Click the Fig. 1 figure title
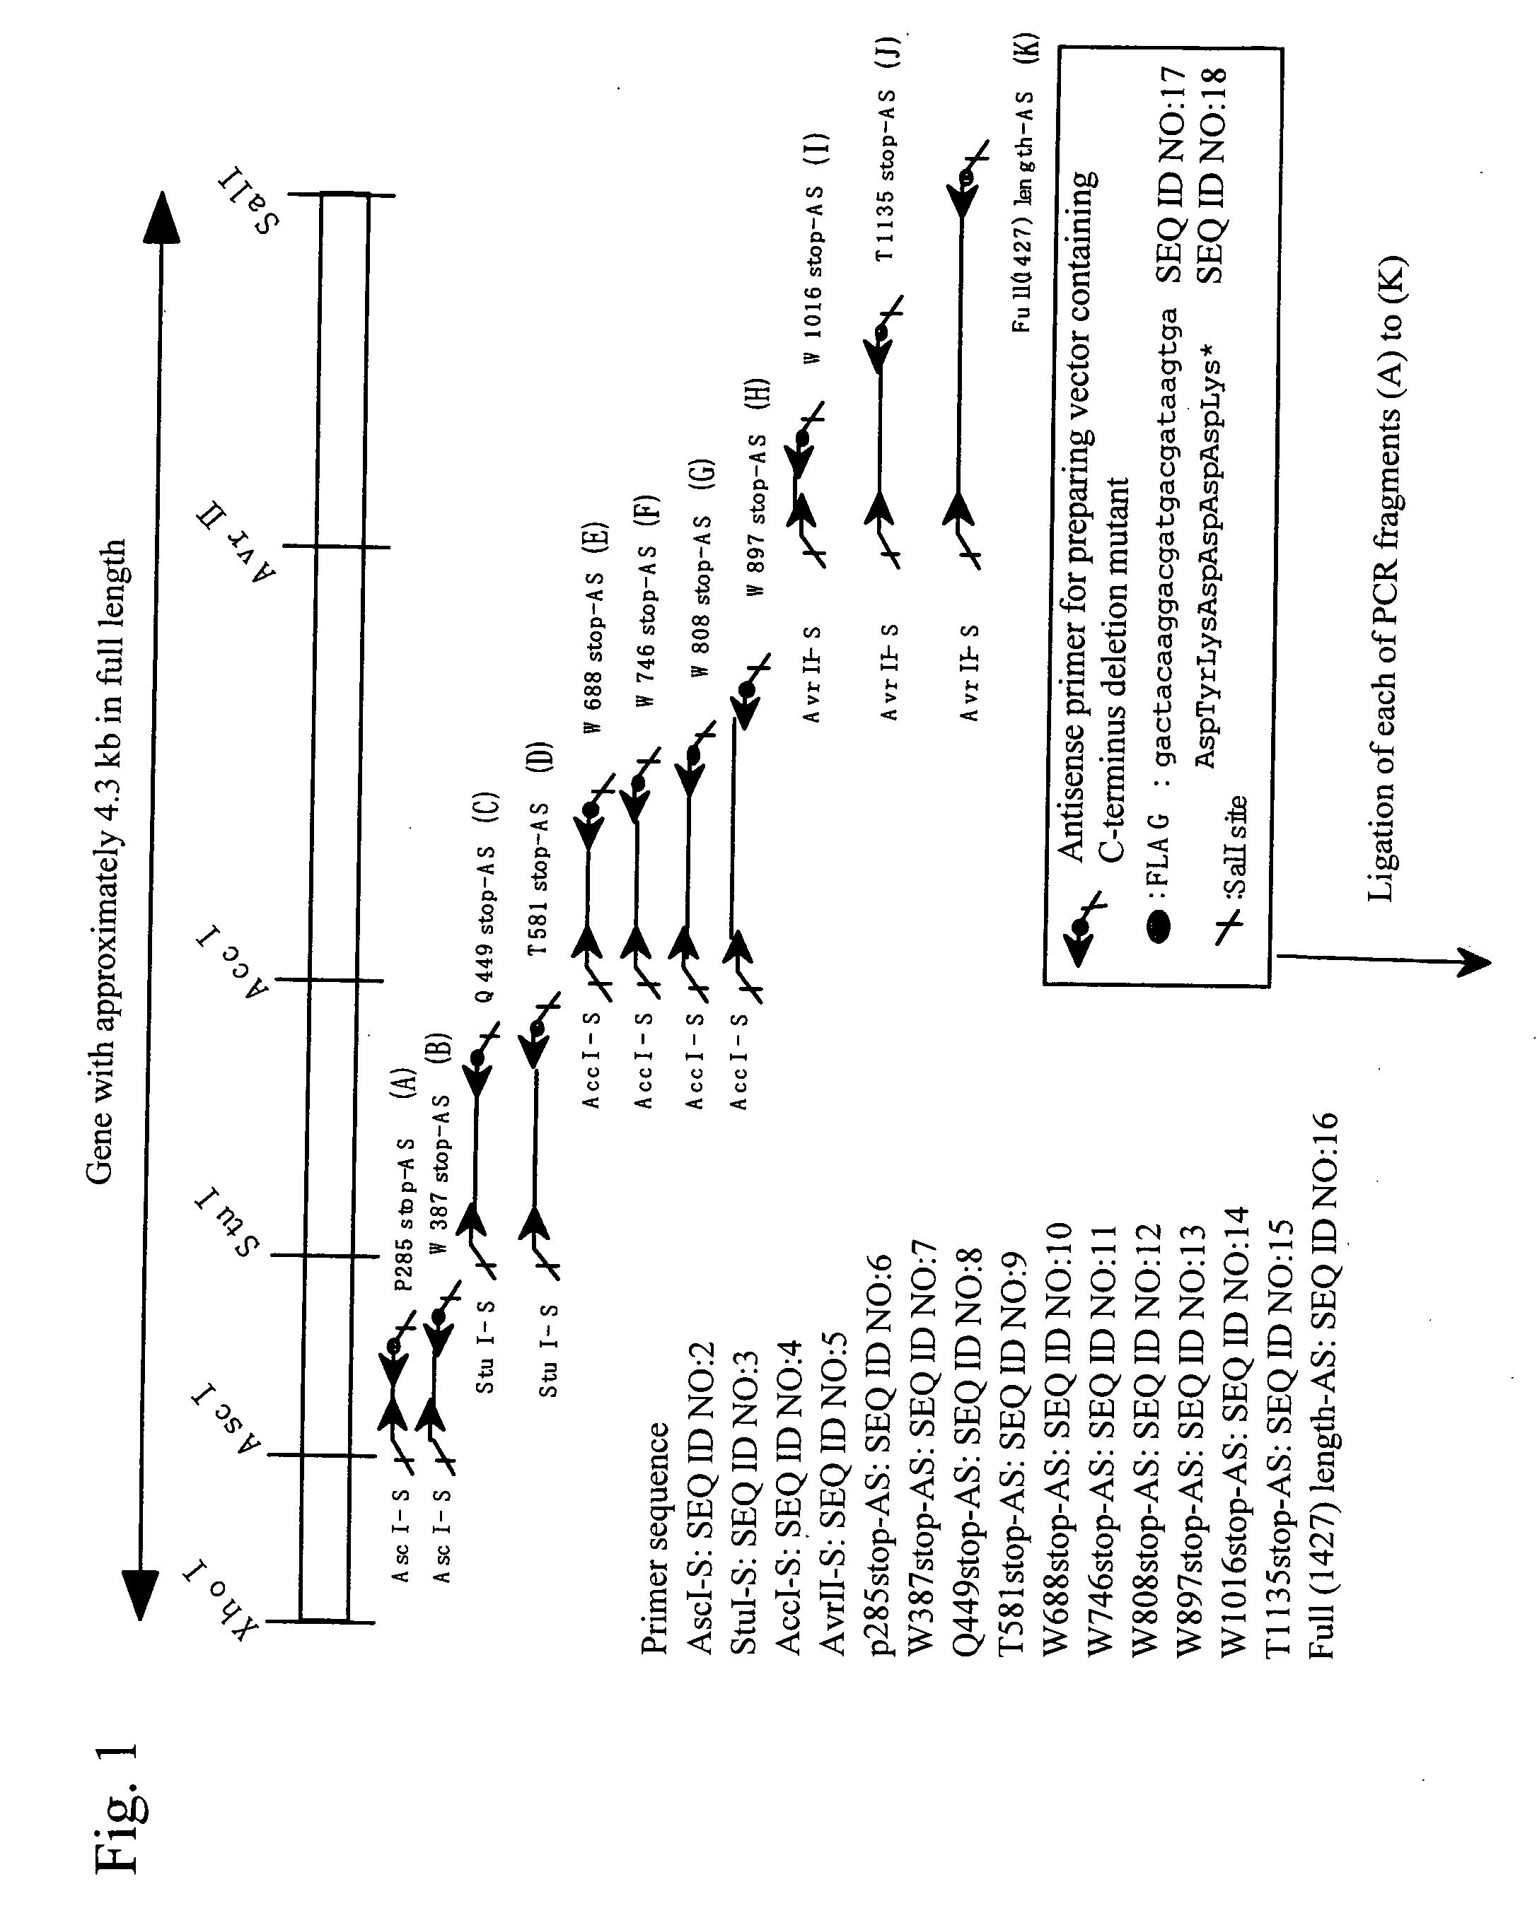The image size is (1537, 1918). pos(117,1806)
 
